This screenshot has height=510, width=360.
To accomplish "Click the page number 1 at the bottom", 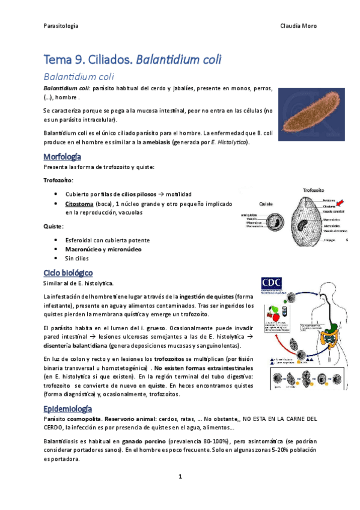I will coord(180,477).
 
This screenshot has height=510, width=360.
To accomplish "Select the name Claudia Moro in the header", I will coord(299,26).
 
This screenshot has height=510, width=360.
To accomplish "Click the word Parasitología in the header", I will coord(61,26).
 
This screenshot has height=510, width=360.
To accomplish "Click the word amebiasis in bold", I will coord(156,143).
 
